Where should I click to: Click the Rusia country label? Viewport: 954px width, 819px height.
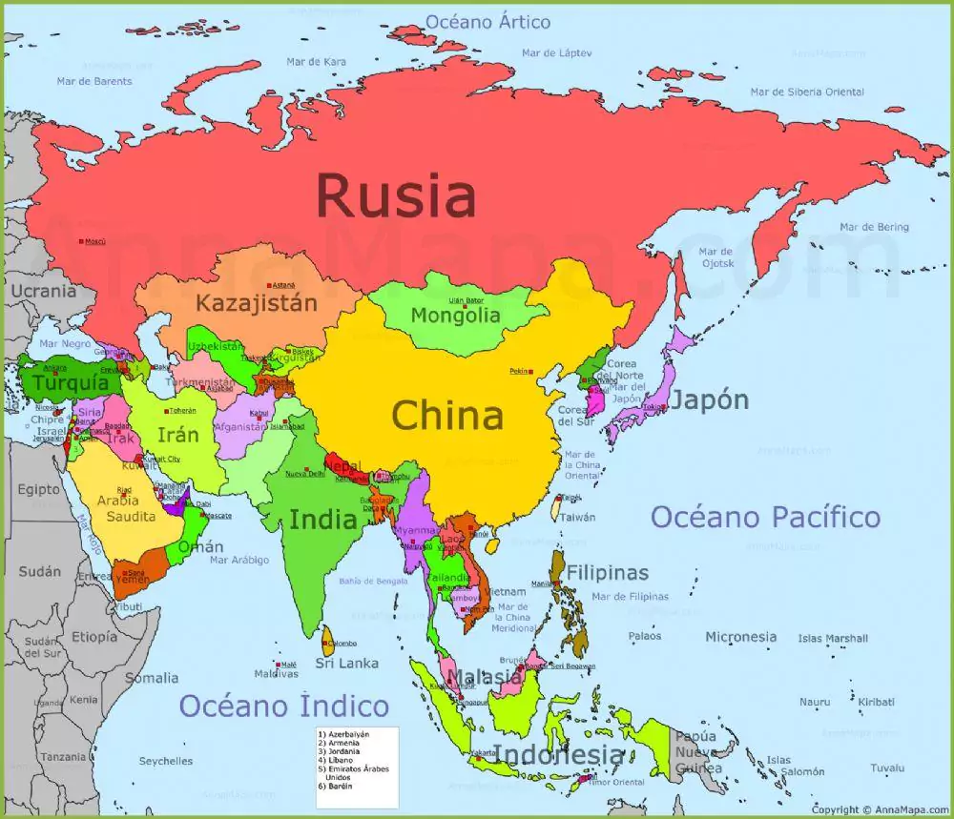(395, 195)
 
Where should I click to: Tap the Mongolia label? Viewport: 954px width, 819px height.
(455, 315)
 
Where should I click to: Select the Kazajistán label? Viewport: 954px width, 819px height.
(255, 303)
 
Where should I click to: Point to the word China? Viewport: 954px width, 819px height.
(447, 416)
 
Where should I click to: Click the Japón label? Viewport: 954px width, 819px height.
(709, 400)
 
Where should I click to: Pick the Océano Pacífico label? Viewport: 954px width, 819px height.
(765, 518)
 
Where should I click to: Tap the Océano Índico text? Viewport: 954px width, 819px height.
(284, 706)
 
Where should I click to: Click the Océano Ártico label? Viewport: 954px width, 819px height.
(487, 21)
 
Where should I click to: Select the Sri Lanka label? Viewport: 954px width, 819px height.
(347, 663)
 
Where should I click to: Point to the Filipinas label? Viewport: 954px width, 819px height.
(608, 573)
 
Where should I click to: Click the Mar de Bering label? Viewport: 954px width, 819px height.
(874, 227)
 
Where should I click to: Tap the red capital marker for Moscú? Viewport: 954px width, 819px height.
(82, 241)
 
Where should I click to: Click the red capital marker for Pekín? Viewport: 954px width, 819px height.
(531, 371)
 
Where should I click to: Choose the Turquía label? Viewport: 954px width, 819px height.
(71, 383)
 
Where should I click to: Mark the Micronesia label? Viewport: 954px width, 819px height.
(741, 636)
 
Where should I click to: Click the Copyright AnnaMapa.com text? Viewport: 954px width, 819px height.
(879, 809)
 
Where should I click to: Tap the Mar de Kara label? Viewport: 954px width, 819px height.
(316, 62)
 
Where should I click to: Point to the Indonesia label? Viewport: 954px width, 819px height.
(559, 755)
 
